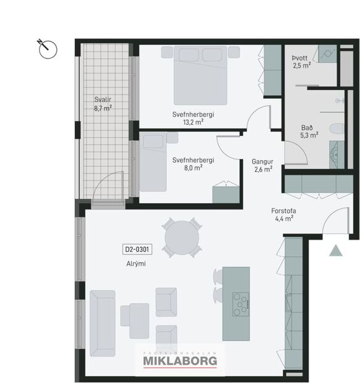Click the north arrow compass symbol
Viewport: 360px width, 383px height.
[48, 49]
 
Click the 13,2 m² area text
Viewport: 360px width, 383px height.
[193, 122]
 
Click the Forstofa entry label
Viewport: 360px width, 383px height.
[284, 210]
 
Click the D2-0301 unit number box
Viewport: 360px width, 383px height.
[138, 250]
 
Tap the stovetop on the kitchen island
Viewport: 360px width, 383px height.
[240, 303]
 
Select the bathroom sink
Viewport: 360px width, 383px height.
[336, 153]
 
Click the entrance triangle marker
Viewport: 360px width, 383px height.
[335, 250]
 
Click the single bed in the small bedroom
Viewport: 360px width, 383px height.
[153, 162]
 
